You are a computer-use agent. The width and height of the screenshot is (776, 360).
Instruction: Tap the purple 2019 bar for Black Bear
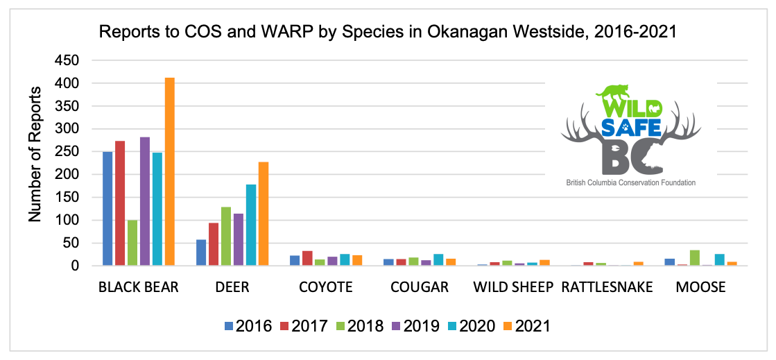(x=145, y=201)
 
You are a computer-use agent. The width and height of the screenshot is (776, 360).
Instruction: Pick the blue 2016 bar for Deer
(x=201, y=252)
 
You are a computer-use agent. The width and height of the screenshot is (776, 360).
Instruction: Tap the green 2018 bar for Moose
(x=695, y=258)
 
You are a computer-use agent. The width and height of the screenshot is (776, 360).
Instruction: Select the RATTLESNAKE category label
(x=607, y=287)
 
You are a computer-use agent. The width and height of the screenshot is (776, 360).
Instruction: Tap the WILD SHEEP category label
(x=513, y=287)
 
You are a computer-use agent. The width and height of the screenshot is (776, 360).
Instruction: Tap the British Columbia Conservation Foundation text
(x=630, y=182)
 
